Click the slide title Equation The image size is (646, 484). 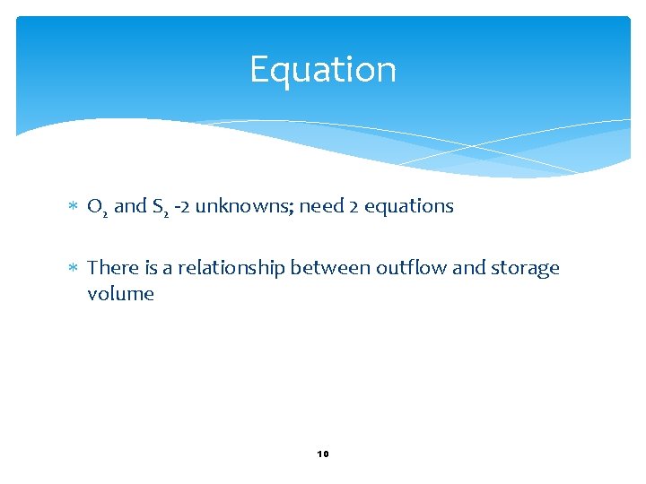pos(322,70)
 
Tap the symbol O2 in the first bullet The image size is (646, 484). pos(98,207)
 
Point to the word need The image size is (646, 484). pos(321,206)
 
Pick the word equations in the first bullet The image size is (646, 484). pos(409,207)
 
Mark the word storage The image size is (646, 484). pos(525,269)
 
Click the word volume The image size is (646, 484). pos(120,294)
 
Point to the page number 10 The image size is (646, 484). pos(323,454)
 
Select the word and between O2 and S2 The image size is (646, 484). pos(130,206)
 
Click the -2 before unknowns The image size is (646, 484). pos(182,206)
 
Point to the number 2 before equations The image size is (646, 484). pos(354,206)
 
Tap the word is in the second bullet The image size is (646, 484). pos(150,268)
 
